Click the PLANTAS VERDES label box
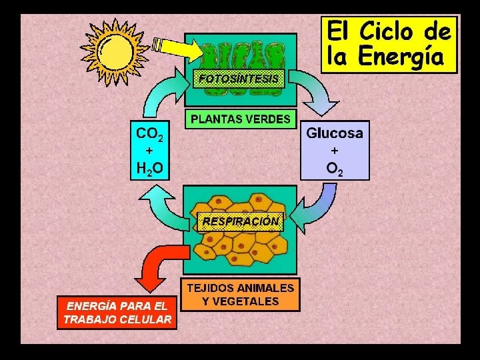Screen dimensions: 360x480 click(x=240, y=119)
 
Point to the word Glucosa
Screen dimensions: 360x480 click(x=335, y=133)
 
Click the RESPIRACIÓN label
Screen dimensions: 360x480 click(x=241, y=221)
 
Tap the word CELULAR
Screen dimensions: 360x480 click(x=145, y=319)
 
